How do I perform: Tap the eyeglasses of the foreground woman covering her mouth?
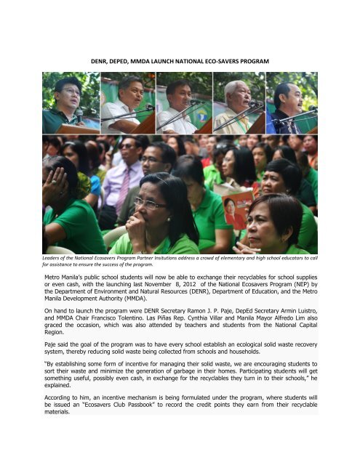click(149, 203)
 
